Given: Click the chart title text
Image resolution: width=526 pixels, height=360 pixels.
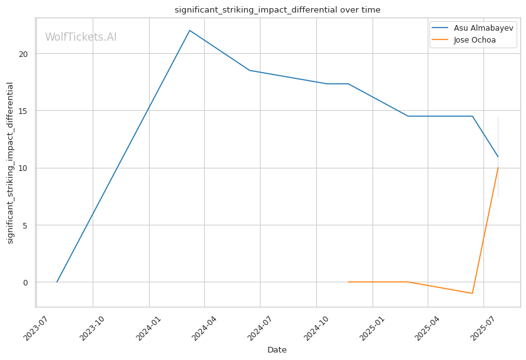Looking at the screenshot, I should click(x=277, y=10).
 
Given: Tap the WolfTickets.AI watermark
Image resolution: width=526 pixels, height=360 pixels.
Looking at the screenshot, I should click(x=81, y=37).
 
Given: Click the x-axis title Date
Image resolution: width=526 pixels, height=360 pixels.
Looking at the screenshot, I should click(x=277, y=350).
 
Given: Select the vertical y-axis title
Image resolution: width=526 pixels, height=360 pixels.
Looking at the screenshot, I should click(x=10, y=163).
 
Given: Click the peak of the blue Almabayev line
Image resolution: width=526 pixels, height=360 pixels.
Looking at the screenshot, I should click(x=189, y=30).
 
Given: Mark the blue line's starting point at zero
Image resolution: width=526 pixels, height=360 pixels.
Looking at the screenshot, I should click(x=57, y=282).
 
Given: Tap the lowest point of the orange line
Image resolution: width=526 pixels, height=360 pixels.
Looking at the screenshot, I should click(x=472, y=293).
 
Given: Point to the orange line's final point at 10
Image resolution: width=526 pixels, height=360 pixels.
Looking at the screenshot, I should click(x=498, y=167).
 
